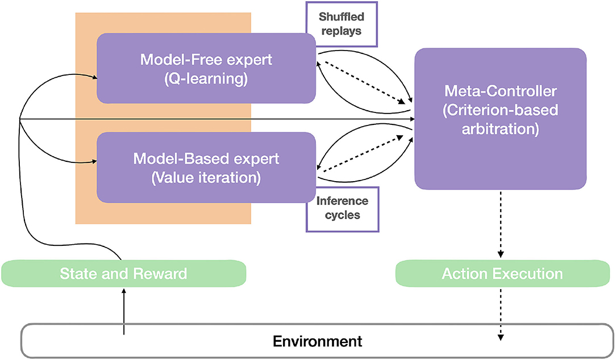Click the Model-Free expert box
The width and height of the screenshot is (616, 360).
(x=206, y=68)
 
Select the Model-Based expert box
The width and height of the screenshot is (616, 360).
(x=206, y=168)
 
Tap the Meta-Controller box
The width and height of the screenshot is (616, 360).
(x=501, y=119)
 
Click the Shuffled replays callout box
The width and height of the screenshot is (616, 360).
(x=342, y=24)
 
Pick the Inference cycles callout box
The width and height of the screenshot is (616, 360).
(x=342, y=209)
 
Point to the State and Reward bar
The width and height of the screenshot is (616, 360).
(x=124, y=273)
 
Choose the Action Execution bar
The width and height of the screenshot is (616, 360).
(x=502, y=273)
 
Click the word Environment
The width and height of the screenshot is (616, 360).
(x=318, y=341)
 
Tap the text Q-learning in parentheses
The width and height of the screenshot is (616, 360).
(x=206, y=78)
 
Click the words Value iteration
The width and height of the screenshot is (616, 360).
(x=206, y=178)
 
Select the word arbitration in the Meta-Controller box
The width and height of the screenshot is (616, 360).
(x=501, y=129)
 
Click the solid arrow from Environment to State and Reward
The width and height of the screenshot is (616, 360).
(x=124, y=311)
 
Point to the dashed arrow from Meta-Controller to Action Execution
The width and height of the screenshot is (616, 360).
(x=501, y=224)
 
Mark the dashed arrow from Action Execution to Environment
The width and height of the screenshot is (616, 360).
(x=501, y=313)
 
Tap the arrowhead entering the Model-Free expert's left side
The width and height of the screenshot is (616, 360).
(x=95, y=78)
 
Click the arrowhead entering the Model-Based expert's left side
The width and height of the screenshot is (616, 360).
(x=95, y=161)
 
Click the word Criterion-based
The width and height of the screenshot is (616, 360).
(x=501, y=110)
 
